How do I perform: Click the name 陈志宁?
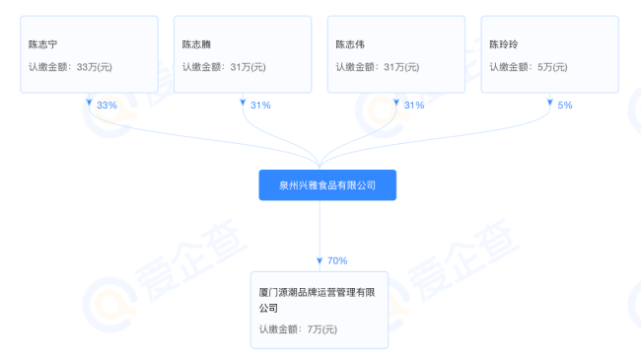coord(43,44)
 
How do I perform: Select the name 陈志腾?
coord(196,44)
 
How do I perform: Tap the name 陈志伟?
coord(350,44)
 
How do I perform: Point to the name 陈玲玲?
coord(504,44)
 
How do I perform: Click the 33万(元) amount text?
coord(95,67)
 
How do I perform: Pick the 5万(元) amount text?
coord(552,67)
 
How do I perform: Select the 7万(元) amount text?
coord(322,329)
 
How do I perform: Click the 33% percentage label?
coord(107,106)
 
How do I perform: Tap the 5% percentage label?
coord(565,106)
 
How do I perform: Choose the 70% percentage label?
coord(337,260)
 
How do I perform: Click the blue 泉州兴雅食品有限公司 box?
coord(327,185)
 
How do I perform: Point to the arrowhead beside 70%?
coord(320,260)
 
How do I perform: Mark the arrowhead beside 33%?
coord(89,103)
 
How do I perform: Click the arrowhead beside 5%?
coord(550,103)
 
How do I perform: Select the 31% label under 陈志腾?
coord(260,106)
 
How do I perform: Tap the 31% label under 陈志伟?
coord(414,106)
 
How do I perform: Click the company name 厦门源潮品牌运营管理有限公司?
coord(317,300)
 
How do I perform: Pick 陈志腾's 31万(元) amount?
coord(249,67)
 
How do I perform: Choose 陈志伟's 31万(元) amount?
coord(401,67)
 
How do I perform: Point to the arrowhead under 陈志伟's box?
coord(396,103)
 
